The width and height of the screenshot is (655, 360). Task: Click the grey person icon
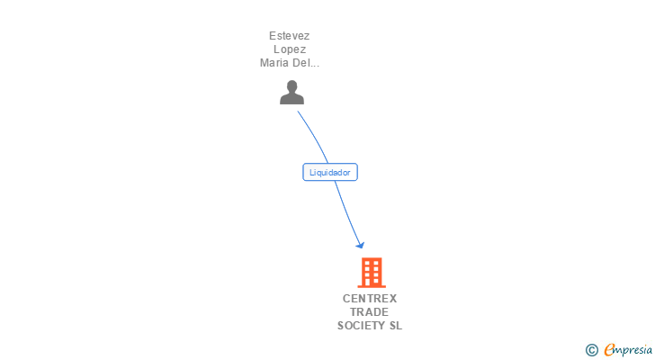coord(292,93)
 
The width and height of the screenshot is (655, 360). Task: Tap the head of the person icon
coord(292,86)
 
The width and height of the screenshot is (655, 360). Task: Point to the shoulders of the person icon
coord(292,99)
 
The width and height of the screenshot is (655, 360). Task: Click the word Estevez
coord(289,36)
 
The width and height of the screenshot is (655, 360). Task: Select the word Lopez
coord(289,49)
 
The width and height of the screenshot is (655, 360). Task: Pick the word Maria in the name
coord(275,63)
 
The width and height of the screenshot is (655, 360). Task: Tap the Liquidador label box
coord(330,172)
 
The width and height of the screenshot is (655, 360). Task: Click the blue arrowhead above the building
coord(360,244)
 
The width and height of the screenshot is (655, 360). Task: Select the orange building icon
coord(371,272)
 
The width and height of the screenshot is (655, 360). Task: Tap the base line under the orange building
coord(371,285)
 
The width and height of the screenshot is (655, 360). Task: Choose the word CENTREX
coord(370,299)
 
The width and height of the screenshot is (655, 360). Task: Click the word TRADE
coord(370,312)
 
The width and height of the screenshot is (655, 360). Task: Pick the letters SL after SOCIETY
coord(395,326)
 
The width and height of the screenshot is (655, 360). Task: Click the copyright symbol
coord(591,350)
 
